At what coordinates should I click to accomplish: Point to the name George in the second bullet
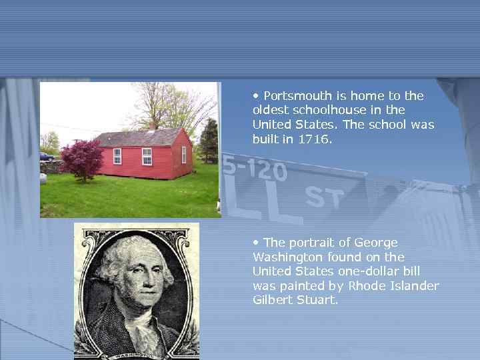tap(377, 243)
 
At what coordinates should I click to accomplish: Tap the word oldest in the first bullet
tap(269, 110)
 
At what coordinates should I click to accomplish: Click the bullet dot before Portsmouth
tap(256, 96)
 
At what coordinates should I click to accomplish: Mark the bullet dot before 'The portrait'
tap(256, 243)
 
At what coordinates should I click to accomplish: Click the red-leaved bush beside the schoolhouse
tap(82, 159)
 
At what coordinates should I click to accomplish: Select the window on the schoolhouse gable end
tap(184, 154)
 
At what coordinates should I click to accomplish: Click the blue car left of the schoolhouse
tap(47, 157)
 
